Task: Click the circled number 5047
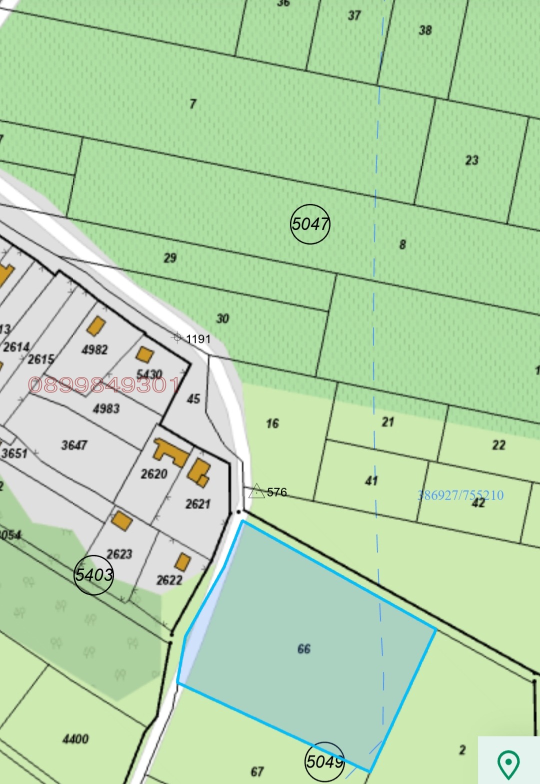(310, 224)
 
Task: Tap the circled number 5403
(93, 575)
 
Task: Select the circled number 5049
(325, 761)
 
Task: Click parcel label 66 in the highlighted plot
(304, 649)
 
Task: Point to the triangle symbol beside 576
(256, 491)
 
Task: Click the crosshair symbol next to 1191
(177, 337)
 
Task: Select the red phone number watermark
(104, 384)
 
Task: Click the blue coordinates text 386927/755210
(460, 495)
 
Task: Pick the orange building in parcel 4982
(96, 326)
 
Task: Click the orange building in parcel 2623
(122, 521)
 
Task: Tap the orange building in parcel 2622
(182, 562)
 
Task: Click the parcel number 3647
(74, 445)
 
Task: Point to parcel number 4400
(75, 739)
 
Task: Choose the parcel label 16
(272, 424)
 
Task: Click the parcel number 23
(472, 160)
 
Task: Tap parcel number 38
(425, 31)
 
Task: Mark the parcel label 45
(193, 399)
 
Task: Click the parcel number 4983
(106, 409)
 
